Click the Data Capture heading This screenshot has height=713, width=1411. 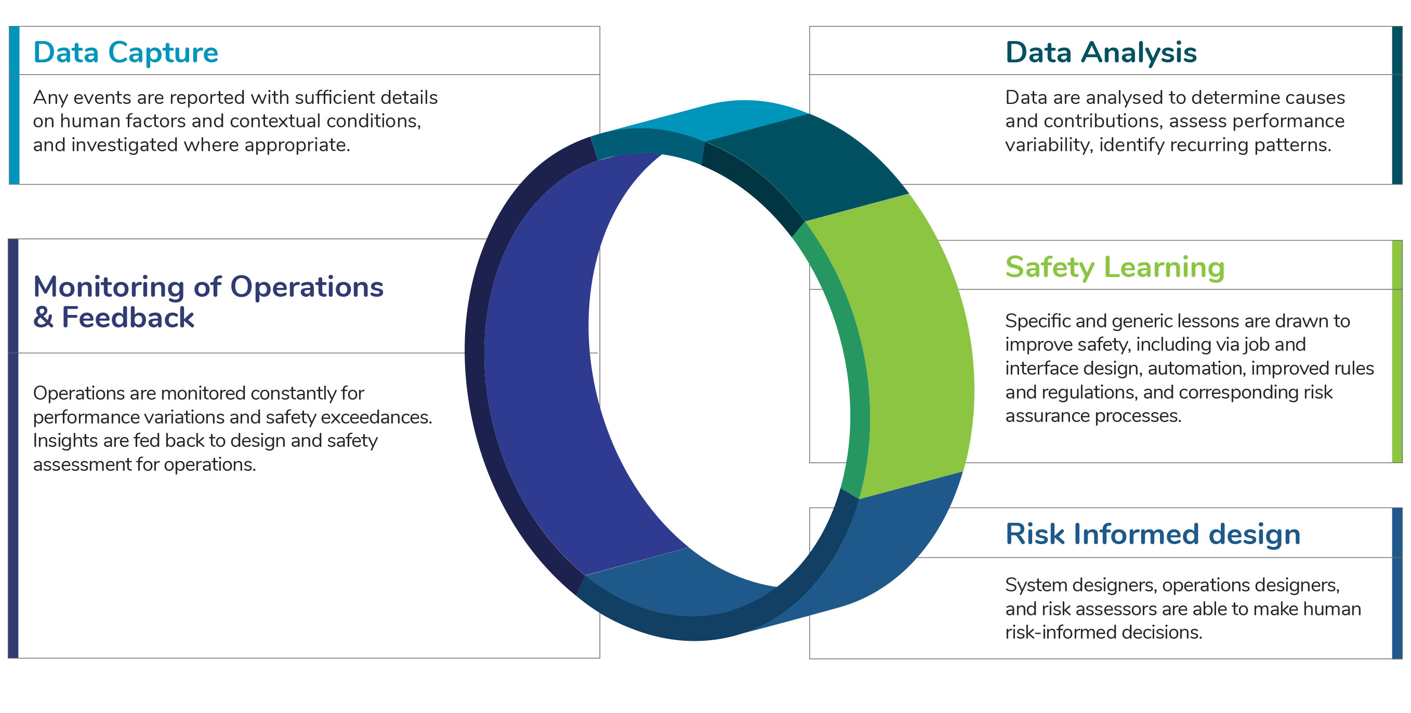pos(125,53)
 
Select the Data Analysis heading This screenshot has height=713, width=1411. pos(1101,53)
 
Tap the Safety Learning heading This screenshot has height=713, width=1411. pos(1115,268)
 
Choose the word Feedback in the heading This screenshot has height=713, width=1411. pos(128,318)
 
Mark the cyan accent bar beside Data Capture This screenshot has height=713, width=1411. pos(14,105)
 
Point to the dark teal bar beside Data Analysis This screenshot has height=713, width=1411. pos(1397,105)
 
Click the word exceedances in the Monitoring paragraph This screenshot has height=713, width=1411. pos(376,417)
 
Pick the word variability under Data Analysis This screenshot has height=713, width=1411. pos(1049,146)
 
